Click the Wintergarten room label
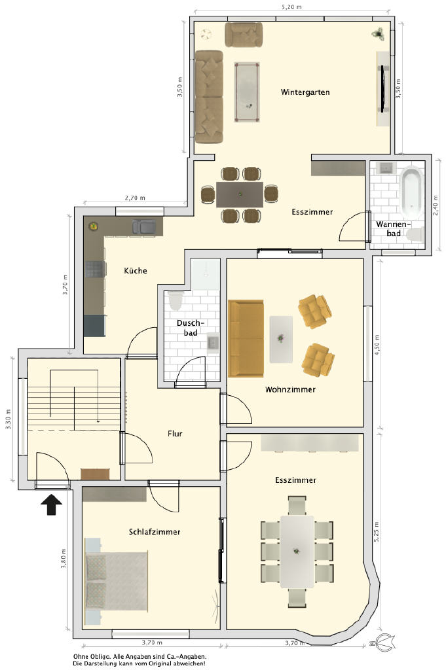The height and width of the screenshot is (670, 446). pyautogui.click(x=305, y=92)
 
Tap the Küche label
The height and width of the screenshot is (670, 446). pyautogui.click(x=136, y=270)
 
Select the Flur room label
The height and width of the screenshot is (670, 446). pyautogui.click(x=175, y=434)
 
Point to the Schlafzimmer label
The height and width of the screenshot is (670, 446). pyautogui.click(x=155, y=532)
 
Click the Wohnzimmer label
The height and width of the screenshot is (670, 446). pyautogui.click(x=290, y=390)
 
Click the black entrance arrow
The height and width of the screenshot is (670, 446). pyautogui.click(x=51, y=504)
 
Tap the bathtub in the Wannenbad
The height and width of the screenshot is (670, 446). pyautogui.click(x=411, y=192)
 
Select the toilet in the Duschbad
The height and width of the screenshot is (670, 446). pyautogui.click(x=176, y=300)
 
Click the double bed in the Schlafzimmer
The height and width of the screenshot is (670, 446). pyautogui.click(x=117, y=581)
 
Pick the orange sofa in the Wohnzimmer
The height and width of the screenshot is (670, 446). pyautogui.click(x=246, y=338)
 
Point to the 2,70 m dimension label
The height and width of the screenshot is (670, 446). pyautogui.click(x=135, y=198)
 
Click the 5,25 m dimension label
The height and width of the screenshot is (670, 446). pyautogui.click(x=377, y=532)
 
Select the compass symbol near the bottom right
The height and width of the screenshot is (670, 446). pyautogui.click(x=381, y=642)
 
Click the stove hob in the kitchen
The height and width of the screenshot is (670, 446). pyautogui.click(x=96, y=269)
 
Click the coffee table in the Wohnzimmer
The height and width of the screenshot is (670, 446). pyautogui.click(x=281, y=340)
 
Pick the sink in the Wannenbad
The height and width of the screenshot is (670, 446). pyautogui.click(x=386, y=167)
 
